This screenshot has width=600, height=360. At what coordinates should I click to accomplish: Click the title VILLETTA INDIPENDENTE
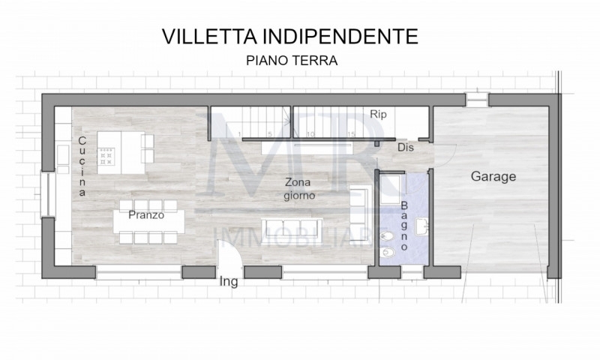289,36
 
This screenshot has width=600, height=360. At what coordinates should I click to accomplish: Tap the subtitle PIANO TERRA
292,61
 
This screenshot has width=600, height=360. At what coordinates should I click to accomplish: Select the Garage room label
493,176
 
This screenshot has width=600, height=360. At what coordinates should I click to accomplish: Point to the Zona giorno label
299,188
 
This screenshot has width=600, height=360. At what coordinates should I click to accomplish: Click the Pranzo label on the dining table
146,215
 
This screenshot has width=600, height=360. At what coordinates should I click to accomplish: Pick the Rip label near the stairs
378,115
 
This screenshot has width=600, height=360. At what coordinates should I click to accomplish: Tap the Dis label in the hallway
406,147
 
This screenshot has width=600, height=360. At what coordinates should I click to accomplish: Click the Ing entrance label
229,282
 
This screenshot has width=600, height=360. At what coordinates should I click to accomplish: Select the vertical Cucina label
82,166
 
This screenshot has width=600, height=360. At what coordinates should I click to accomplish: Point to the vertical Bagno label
404,226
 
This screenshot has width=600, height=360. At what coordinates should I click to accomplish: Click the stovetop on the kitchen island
106,157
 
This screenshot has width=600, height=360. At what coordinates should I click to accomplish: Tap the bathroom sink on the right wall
422,226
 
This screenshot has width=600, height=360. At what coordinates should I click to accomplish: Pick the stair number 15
351,134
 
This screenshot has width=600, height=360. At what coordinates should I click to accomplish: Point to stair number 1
239,134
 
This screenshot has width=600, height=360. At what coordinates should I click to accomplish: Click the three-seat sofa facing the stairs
292,231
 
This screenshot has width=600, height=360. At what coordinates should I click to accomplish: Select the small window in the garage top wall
477,100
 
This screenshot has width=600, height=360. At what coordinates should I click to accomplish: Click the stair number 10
310,134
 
